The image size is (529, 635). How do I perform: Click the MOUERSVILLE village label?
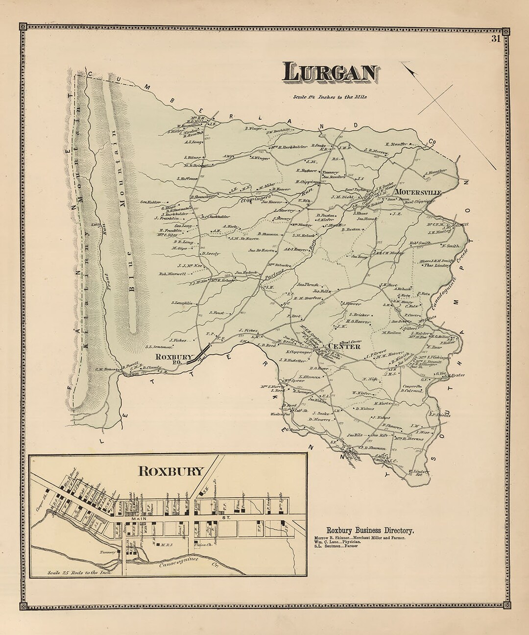(x=420, y=192)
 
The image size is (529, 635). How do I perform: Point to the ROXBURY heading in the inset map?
(x=170, y=471)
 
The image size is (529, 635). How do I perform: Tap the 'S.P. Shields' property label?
(x=439, y=415)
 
